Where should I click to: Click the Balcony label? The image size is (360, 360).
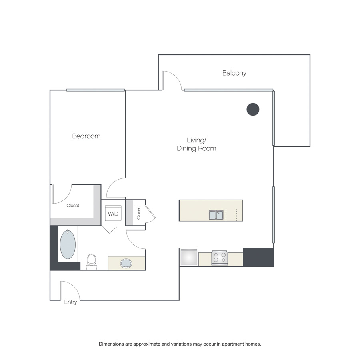pos(234,73)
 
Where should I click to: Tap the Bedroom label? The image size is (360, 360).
pos(86,136)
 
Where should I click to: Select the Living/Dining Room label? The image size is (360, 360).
pos(196,144)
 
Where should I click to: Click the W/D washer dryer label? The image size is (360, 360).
pos(113,214)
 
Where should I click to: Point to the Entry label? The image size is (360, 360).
pos(70,302)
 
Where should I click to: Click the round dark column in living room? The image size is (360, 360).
pos(253,109)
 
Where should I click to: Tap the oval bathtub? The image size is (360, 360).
pos(68,244)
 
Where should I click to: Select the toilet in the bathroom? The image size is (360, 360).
pos(92,262)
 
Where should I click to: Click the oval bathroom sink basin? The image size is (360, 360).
pos(126,263)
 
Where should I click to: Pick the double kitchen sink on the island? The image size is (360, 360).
pos(216,215)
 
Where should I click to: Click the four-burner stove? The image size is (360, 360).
pos(220,258)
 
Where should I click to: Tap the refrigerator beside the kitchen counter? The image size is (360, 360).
pos(189,257)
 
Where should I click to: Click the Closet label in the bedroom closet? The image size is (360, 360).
pos(73,206)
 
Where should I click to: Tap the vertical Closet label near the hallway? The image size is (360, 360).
pos(138,213)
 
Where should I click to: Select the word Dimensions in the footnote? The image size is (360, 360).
pos(112,344)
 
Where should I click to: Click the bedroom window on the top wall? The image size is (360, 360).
pos(96,90)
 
